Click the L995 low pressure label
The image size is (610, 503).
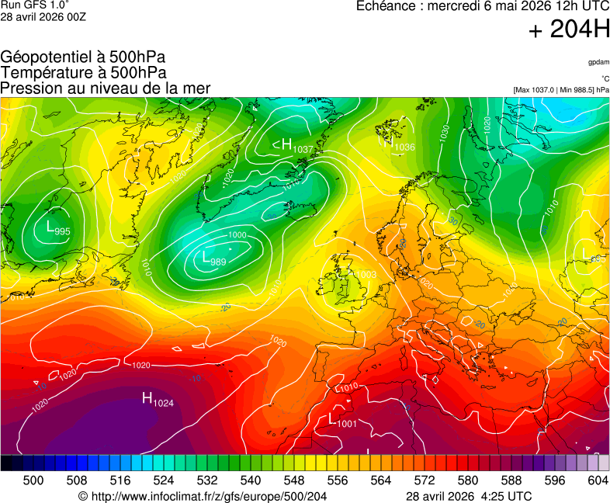click(x=57, y=229)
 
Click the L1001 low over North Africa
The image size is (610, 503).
click(x=341, y=420)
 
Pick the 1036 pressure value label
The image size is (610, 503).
click(x=404, y=147)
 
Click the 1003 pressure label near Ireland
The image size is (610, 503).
click(x=366, y=275)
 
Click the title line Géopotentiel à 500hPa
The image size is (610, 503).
click(x=83, y=57)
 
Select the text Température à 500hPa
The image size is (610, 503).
click(x=83, y=73)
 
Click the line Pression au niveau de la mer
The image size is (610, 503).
click(x=106, y=88)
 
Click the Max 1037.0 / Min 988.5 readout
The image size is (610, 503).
click(x=560, y=90)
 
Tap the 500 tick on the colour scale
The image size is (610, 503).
click(x=33, y=480)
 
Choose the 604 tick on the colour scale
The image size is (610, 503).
click(x=597, y=480)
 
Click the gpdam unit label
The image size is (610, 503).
click(x=598, y=62)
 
